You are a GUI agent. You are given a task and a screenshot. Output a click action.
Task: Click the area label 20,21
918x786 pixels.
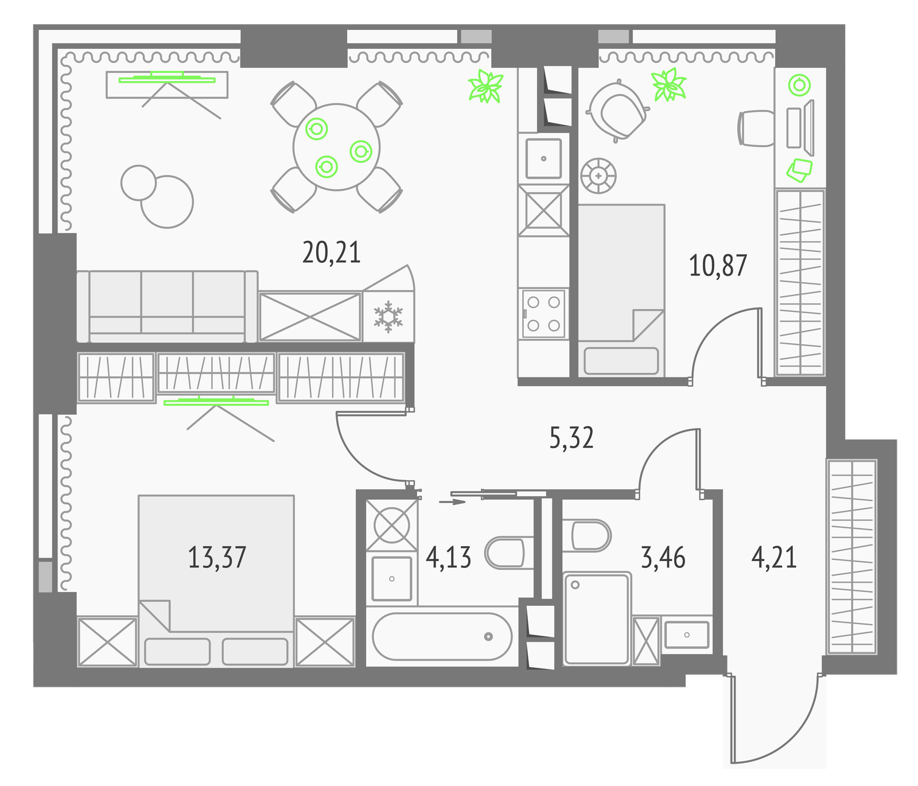click(332, 252)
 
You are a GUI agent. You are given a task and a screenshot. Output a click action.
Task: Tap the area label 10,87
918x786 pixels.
click(718, 266)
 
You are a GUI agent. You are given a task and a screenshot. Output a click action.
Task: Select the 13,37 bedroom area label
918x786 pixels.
click(217, 557)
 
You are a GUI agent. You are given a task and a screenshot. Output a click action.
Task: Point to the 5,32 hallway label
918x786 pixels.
click(571, 438)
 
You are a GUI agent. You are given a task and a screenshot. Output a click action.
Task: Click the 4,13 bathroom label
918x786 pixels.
click(449, 557)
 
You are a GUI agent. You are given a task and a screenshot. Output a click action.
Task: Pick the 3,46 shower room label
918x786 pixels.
click(663, 557)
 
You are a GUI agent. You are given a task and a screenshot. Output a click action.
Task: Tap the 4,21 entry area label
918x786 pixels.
click(774, 557)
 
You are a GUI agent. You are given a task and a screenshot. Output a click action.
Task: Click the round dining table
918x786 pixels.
click(336, 147)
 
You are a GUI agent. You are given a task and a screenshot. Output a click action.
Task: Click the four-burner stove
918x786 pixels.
click(543, 313)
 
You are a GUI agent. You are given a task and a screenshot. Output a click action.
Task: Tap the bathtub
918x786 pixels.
click(442, 636)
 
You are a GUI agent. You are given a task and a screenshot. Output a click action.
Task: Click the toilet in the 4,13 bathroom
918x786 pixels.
click(505, 552)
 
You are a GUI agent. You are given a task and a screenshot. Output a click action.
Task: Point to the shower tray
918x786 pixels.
click(597, 618)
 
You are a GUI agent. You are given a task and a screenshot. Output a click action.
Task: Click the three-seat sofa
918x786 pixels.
click(167, 306)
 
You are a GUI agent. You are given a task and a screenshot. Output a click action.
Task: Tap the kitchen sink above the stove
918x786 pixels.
click(543, 158)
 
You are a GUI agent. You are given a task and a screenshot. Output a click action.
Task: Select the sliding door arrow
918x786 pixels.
click(452, 502)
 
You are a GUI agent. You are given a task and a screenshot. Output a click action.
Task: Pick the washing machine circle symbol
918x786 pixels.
click(391, 525)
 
